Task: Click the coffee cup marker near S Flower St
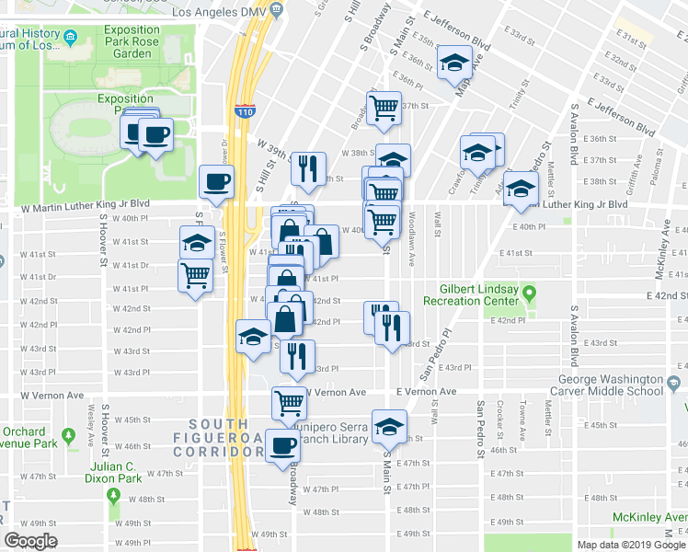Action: pyautogui.click(x=217, y=181)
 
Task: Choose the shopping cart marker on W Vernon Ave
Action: pyautogui.click(x=289, y=401)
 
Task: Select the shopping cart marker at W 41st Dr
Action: pyautogui.click(x=195, y=274)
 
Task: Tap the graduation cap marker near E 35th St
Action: pyautogui.click(x=454, y=62)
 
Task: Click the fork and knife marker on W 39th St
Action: pyautogui.click(x=307, y=167)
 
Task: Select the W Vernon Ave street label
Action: pyautogui.click(x=336, y=392)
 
